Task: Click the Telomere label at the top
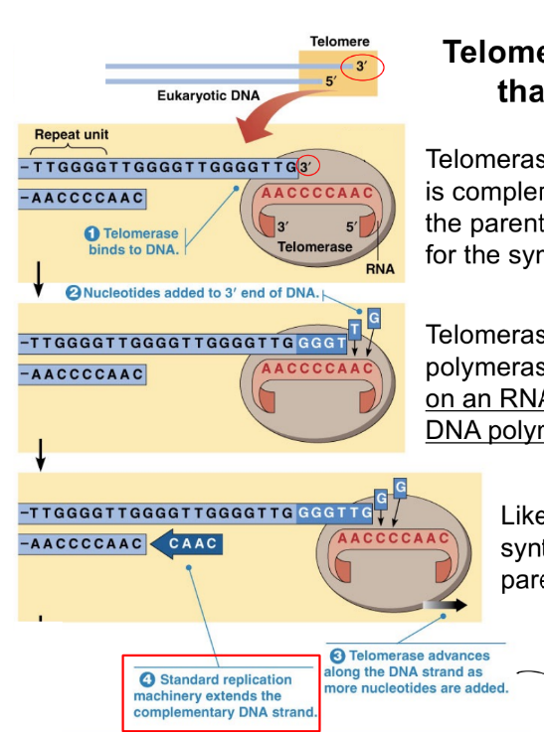[x=338, y=41]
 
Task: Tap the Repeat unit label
[x=71, y=134]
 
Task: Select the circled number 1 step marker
[x=92, y=233]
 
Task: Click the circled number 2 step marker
[x=73, y=293]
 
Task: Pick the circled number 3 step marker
[x=337, y=656]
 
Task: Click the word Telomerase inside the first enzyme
[x=314, y=246]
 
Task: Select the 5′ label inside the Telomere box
[x=332, y=79]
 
